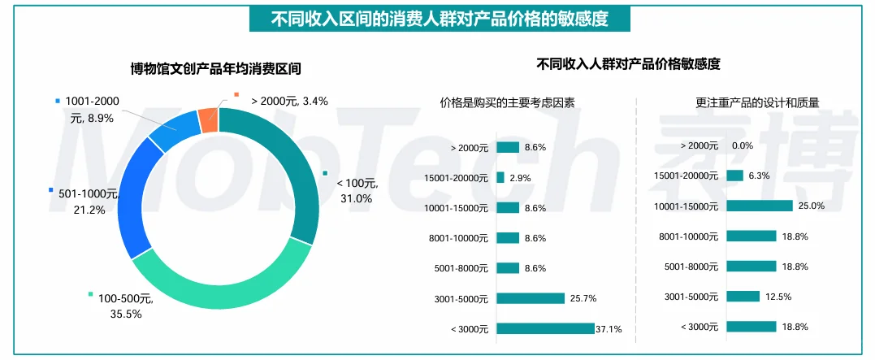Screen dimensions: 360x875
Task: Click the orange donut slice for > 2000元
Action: coord(208,120)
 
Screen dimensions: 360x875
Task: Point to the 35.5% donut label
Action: coord(120,314)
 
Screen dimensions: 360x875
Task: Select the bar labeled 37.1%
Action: coord(545,328)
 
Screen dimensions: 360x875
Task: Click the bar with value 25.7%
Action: coord(530,298)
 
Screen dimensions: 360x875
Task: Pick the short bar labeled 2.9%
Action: coord(500,177)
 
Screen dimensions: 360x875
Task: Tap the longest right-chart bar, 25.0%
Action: coord(759,206)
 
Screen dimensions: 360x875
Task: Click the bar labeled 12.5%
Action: coord(743,296)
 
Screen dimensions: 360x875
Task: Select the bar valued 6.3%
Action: coord(734,176)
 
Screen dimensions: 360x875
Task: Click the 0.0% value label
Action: coord(742,145)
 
